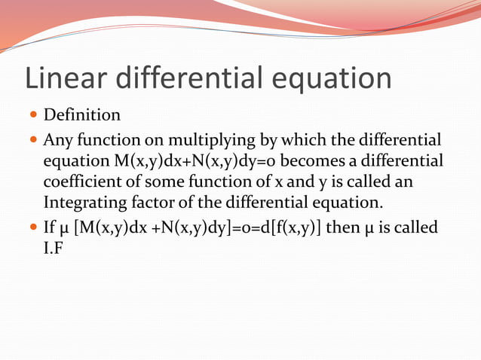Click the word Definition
(x=81, y=115)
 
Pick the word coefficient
(x=78, y=182)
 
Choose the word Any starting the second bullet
(x=57, y=140)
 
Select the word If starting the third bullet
(x=50, y=227)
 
